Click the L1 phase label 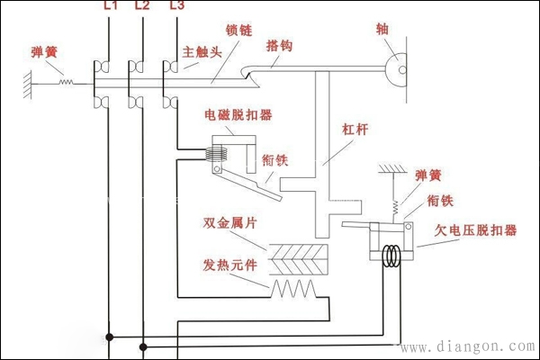pos(110,6)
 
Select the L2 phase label pos(141,6)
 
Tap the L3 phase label pos(175,6)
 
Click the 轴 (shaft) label pos(382,28)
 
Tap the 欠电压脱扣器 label pos(476,229)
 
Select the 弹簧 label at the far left pos(44,53)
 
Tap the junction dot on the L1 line pos(110,337)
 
